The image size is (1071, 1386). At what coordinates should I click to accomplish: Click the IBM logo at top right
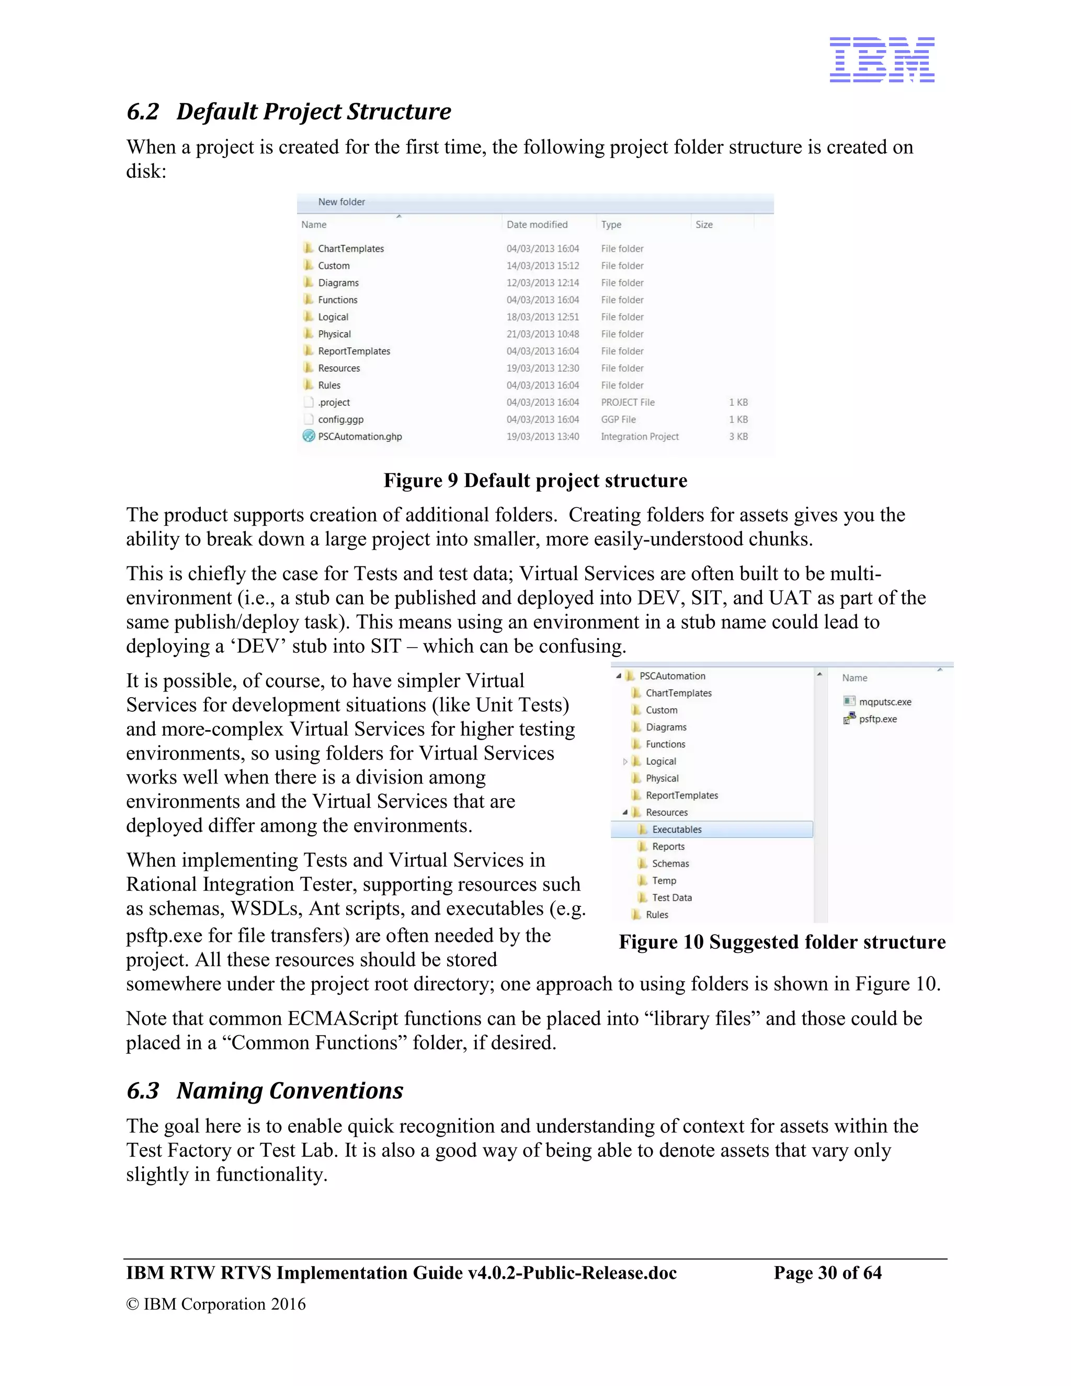(881, 60)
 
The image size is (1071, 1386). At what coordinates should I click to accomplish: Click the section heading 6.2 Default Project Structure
(289, 112)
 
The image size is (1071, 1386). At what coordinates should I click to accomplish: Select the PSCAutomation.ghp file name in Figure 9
(360, 437)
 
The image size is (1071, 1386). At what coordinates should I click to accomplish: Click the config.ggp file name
(341, 419)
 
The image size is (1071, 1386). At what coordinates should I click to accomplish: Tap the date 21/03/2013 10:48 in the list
(542, 334)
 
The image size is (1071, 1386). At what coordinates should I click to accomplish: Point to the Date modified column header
(537, 225)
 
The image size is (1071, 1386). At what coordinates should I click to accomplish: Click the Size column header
(704, 225)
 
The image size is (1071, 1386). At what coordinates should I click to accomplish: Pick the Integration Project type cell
(640, 437)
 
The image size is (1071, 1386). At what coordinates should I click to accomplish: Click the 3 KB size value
(738, 437)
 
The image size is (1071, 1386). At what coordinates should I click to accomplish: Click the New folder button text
(341, 202)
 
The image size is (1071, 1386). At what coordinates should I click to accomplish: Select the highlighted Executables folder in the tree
(676, 830)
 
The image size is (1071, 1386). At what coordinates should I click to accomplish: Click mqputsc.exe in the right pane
(884, 702)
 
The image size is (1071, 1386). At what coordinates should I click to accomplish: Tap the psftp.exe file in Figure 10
(878, 719)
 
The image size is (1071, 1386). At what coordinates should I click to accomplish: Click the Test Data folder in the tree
(671, 898)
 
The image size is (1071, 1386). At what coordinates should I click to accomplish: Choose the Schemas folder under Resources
(670, 864)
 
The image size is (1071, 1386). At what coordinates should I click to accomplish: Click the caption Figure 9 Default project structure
(535, 481)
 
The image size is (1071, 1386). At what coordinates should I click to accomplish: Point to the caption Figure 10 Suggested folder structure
(782, 942)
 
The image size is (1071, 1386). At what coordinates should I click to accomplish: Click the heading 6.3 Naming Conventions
(265, 1091)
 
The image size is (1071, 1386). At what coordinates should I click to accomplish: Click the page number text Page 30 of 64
(827, 1273)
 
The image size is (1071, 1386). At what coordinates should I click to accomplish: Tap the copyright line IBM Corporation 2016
(217, 1304)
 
